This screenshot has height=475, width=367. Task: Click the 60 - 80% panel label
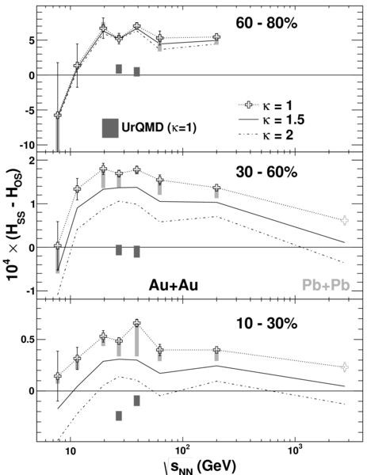tap(266, 23)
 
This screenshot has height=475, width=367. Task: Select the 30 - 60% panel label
tap(266, 172)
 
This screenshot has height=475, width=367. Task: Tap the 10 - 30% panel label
tap(266, 324)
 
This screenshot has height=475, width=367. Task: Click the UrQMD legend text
tap(159, 127)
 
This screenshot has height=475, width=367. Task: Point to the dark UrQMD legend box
tap(110, 127)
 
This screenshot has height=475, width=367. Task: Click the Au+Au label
tap(173, 285)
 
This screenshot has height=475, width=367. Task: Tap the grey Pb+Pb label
tap(326, 285)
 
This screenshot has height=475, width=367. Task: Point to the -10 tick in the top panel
tap(27, 145)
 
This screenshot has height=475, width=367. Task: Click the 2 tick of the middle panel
tap(32, 160)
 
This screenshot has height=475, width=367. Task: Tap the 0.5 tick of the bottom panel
tap(28, 340)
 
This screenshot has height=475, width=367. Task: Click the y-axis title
tap(14, 226)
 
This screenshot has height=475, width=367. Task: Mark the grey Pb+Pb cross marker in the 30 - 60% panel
tap(345, 221)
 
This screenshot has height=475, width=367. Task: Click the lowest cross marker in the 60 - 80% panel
tap(58, 115)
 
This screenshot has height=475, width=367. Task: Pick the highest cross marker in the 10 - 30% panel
tap(137, 323)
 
